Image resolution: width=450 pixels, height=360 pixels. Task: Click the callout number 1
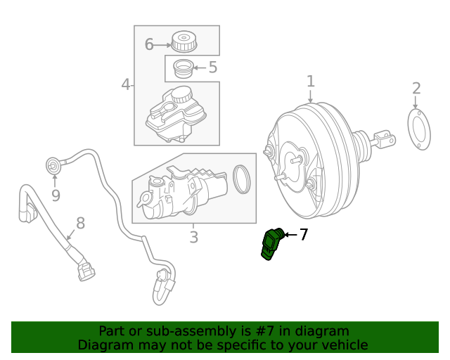[x=310, y=82]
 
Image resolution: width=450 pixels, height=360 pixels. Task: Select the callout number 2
[x=416, y=89]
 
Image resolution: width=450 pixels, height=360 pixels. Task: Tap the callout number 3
[x=193, y=238]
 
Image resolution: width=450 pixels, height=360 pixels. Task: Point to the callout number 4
[x=126, y=85]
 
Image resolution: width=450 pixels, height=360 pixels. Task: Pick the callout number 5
[x=212, y=67]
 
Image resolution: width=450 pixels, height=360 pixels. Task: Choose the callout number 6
[x=149, y=45]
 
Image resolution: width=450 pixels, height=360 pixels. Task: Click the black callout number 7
[x=304, y=235]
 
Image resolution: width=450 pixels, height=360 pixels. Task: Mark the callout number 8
[x=80, y=223]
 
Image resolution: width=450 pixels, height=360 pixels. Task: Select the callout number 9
[x=56, y=195]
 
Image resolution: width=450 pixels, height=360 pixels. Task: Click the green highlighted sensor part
[x=271, y=244]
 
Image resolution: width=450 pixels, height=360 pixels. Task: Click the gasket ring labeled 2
[x=419, y=131]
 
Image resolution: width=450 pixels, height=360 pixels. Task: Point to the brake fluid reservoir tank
[x=174, y=115]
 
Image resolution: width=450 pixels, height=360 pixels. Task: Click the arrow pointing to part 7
[x=290, y=235]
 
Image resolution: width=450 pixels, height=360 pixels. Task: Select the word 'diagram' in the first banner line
[x=323, y=330]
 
